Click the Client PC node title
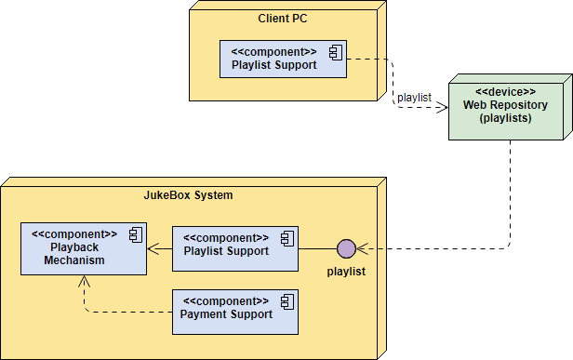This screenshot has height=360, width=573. pyautogui.click(x=283, y=19)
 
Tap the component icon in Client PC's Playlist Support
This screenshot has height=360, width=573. pyautogui.click(x=334, y=52)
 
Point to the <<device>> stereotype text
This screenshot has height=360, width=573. pyautogui.click(x=505, y=92)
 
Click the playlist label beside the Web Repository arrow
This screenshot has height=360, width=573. pyautogui.click(x=414, y=97)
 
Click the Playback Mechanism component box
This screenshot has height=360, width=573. pyautogui.click(x=83, y=248)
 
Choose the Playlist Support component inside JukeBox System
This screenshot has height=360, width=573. pyautogui.click(x=235, y=246)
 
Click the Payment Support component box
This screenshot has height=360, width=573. pyautogui.click(x=235, y=311)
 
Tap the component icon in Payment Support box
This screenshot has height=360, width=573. pyautogui.click(x=286, y=302)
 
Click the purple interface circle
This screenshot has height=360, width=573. pyautogui.click(x=346, y=248)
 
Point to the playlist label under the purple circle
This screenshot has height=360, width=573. pyautogui.click(x=345, y=272)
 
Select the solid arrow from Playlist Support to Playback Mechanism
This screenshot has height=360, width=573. pyautogui.click(x=159, y=248)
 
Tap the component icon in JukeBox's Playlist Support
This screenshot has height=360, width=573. pyautogui.click(x=286, y=238)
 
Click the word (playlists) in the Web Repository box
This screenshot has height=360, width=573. pyautogui.click(x=505, y=118)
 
